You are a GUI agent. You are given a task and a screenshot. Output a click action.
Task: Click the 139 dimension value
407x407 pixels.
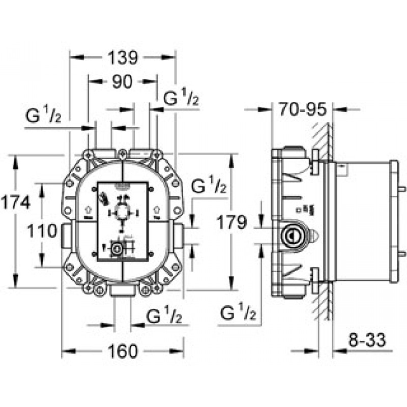(122, 57)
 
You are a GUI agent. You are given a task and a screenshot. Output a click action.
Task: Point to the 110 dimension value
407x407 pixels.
(42, 231)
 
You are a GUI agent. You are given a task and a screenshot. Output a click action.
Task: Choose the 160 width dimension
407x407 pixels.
(123, 351)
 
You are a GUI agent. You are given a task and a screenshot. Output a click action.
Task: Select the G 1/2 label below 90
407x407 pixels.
(181, 100)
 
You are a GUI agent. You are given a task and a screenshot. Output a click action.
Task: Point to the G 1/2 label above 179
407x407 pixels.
(210, 186)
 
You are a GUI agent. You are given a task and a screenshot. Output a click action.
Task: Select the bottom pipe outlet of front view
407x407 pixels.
(122, 292)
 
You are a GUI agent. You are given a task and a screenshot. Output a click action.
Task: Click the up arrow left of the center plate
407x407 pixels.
(86, 209)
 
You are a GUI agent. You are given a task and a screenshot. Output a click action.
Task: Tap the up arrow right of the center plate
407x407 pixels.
(157, 209)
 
